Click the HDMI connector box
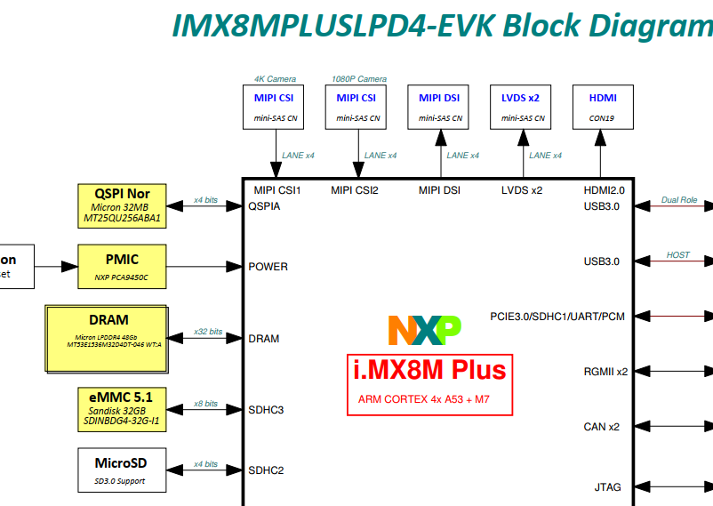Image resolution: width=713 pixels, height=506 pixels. click(x=602, y=107)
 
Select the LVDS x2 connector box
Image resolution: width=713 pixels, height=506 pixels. click(x=521, y=107)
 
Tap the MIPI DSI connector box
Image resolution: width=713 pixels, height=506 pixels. click(x=440, y=107)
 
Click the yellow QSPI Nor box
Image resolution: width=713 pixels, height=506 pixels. click(x=123, y=205)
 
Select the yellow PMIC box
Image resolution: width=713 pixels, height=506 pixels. click(x=123, y=266)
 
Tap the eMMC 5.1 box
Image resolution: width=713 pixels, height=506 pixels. click(x=123, y=410)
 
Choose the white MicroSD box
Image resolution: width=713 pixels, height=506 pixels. click(x=121, y=470)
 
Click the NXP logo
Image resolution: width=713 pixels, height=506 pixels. click(x=424, y=330)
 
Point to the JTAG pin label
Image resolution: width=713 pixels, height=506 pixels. click(x=607, y=487)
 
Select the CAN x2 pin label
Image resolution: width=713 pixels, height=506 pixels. click(x=601, y=427)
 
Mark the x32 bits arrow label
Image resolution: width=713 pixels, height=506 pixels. click(x=207, y=332)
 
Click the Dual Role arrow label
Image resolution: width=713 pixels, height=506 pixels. click(x=679, y=200)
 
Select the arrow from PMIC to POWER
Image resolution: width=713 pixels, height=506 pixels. click(x=204, y=266)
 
